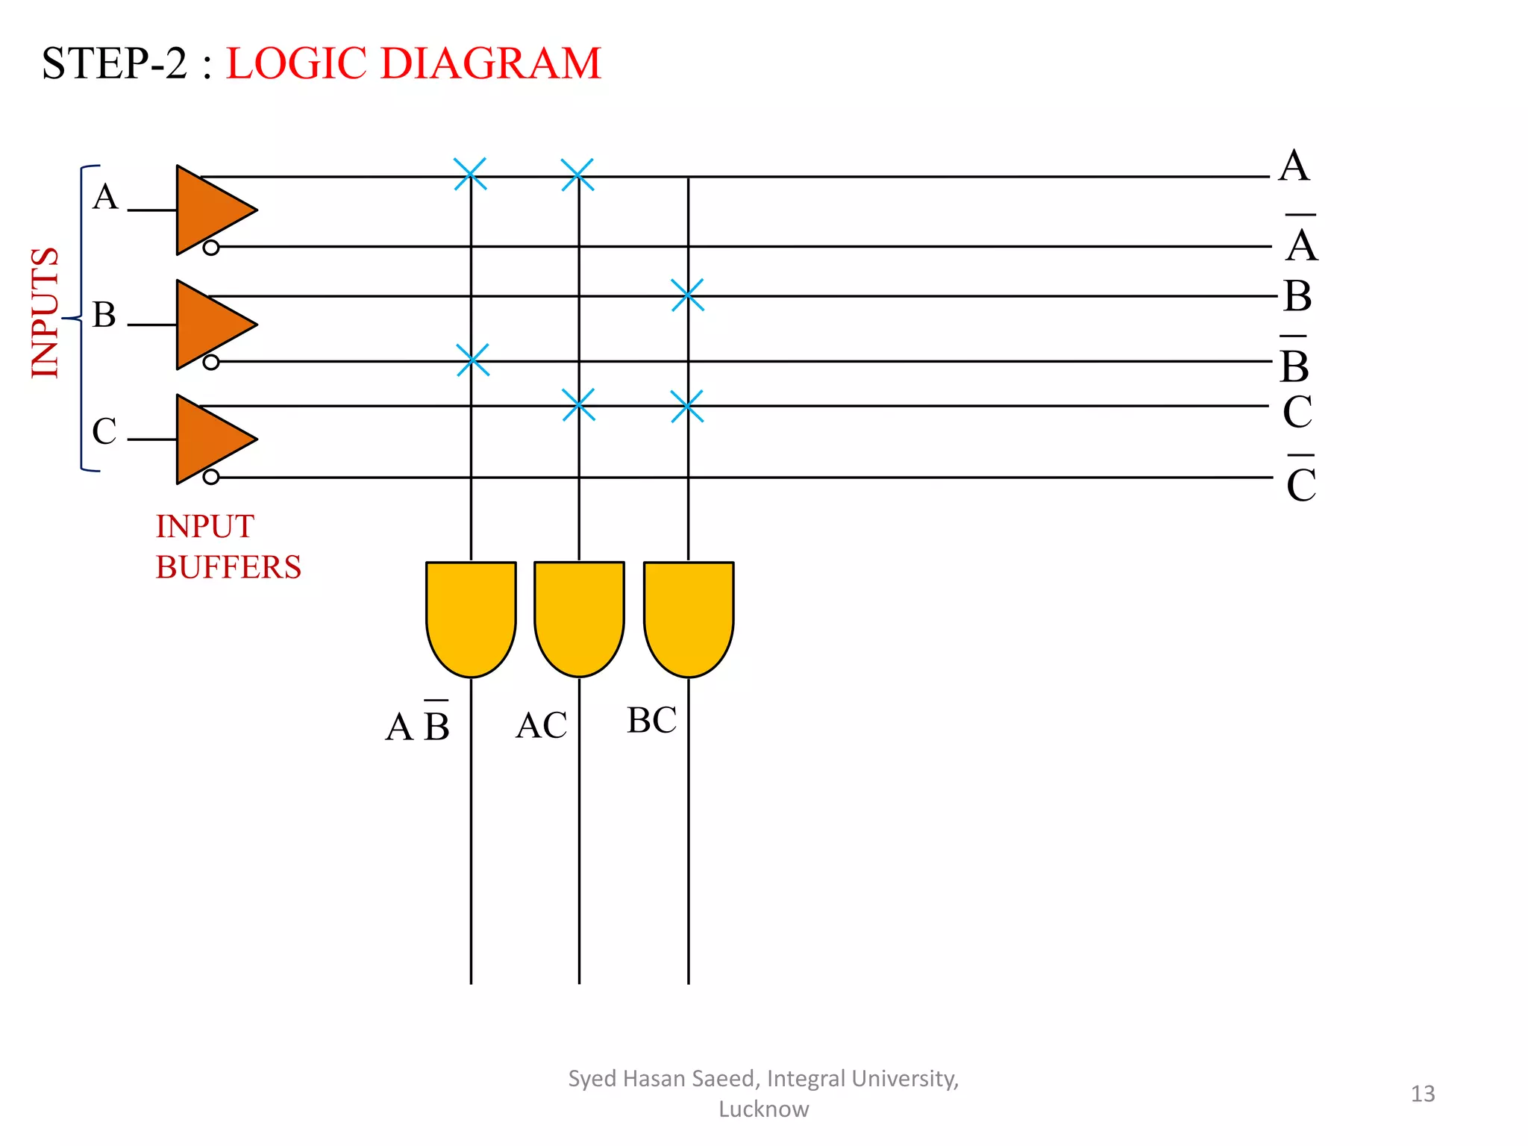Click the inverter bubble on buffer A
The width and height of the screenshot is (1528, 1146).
211,248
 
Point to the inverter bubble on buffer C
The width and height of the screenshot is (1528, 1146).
211,477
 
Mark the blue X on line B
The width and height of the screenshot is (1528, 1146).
687,295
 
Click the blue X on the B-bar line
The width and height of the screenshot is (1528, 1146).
472,360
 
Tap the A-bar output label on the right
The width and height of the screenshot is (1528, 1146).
1301,240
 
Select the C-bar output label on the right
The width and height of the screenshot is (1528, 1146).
1301,480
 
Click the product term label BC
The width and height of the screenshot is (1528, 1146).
651,721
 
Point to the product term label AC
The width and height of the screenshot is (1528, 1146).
542,725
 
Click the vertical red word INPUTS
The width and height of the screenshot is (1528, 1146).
46,313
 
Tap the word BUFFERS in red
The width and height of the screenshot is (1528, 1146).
228,568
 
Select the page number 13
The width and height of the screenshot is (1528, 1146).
1422,1094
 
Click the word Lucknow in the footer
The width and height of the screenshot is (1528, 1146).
763,1109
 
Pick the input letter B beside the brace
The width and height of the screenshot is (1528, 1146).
104,315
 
